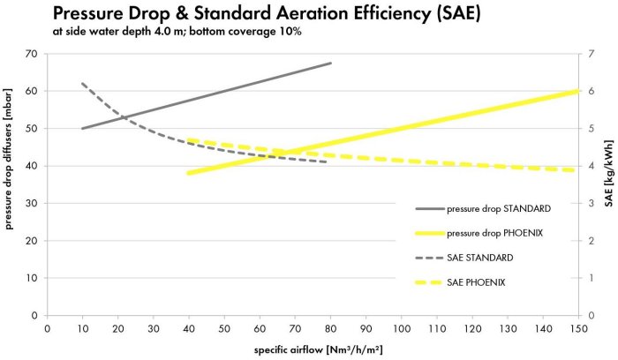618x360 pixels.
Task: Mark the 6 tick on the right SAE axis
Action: pyautogui.click(x=591, y=91)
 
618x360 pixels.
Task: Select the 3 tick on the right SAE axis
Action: pyautogui.click(x=591, y=203)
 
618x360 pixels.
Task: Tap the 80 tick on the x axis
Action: pyautogui.click(x=330, y=326)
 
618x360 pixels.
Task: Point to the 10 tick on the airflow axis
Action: pyautogui.click(x=82, y=326)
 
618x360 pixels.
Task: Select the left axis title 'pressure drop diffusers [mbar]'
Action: pyautogui.click(x=11, y=184)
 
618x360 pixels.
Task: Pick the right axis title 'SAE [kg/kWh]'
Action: pyautogui.click(x=608, y=184)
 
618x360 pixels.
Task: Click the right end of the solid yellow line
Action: pyautogui.click(x=578, y=91)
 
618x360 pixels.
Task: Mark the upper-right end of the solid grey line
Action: pyautogui.click(x=331, y=63)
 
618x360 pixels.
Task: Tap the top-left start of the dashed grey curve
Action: pyautogui.click(x=82, y=84)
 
